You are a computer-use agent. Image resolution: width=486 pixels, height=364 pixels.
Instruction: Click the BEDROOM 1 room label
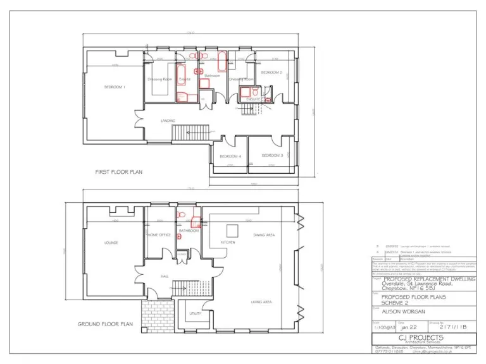coord(115,87)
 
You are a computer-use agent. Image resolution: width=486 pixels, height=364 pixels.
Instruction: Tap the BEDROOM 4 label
coord(230,156)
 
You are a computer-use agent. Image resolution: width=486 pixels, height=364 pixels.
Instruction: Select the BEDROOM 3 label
coord(273,155)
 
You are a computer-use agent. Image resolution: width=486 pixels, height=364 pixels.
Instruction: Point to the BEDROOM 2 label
coord(271,73)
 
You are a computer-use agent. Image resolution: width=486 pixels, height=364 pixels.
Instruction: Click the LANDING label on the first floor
coord(168,120)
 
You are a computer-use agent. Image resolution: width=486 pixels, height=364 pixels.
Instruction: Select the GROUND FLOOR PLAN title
coord(106,324)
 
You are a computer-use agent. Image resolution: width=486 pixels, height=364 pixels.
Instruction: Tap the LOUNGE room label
coord(113,242)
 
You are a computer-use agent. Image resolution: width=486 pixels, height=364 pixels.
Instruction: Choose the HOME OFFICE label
coord(159,234)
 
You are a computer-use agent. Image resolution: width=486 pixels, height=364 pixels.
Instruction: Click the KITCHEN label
coord(228,242)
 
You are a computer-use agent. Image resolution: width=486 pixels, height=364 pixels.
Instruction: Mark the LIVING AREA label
coord(262,303)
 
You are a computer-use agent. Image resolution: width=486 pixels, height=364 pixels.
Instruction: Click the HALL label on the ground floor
coord(164,276)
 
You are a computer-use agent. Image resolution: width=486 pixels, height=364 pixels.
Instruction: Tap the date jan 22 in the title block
coord(409,328)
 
